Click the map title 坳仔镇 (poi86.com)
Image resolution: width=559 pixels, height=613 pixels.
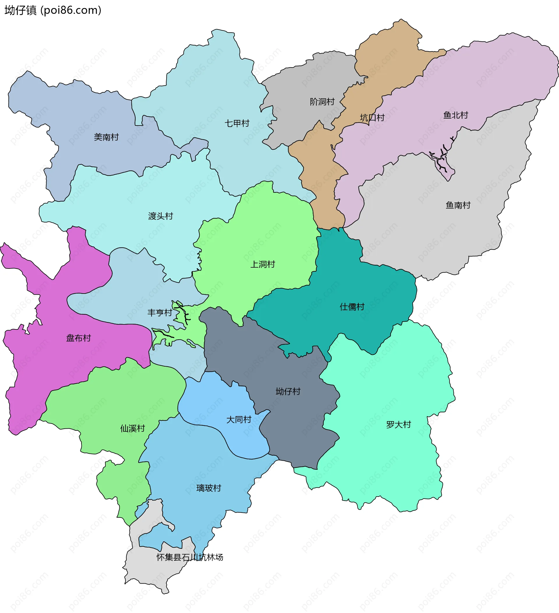tap(53, 10)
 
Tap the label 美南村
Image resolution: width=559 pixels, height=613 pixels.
tap(106, 137)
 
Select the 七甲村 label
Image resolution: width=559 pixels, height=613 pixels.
tap(237, 123)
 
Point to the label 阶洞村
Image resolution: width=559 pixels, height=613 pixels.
tap(322, 102)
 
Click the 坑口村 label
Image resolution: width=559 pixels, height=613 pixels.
tap(372, 118)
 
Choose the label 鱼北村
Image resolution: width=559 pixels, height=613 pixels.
tap(455, 115)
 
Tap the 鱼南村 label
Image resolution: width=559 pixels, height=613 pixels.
tap(458, 205)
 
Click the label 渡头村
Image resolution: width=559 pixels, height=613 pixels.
tap(160, 216)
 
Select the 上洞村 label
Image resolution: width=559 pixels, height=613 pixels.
tap(263, 264)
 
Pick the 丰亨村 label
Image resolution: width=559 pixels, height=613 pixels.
tap(160, 312)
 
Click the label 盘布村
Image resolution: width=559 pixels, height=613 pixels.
tap(78, 338)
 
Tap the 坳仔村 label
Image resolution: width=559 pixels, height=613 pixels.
tap(288, 391)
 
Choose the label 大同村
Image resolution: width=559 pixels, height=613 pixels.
tap(239, 420)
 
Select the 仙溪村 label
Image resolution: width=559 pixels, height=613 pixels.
tap(132, 428)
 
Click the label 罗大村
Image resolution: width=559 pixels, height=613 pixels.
tap(398, 425)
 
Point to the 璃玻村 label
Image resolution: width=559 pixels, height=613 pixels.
tap(208, 488)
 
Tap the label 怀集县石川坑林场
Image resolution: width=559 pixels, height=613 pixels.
tap(190, 557)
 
